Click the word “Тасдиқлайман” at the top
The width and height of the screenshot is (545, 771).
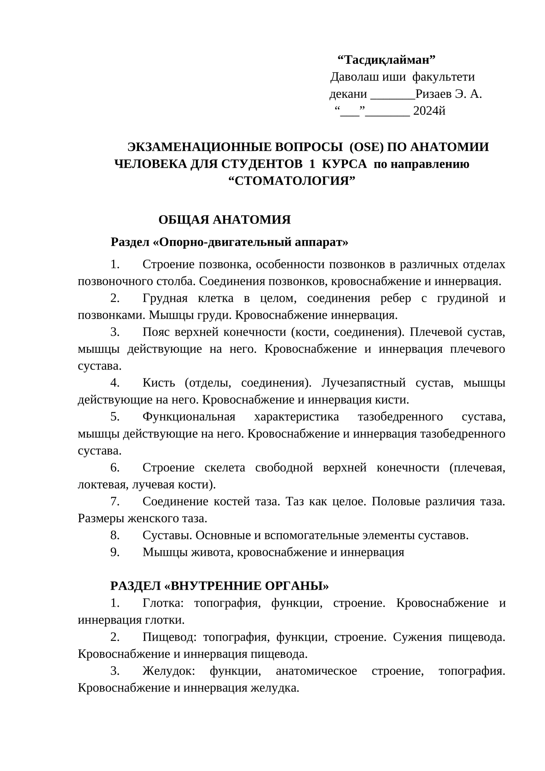[386, 60]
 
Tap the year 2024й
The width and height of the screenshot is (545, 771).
[429, 111]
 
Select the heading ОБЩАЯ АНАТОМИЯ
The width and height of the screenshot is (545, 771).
[224, 220]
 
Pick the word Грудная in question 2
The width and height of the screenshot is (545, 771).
[165, 298]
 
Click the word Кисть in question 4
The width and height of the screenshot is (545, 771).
[158, 383]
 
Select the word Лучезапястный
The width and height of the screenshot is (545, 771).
[363, 383]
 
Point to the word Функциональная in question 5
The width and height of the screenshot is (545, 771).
[189, 417]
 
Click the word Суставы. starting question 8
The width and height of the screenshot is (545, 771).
[168, 535]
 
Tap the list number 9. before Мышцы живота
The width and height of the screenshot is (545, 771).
[115, 552]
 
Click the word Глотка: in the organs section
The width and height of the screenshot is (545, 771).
[163, 603]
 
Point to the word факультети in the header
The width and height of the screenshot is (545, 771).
[443, 77]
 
